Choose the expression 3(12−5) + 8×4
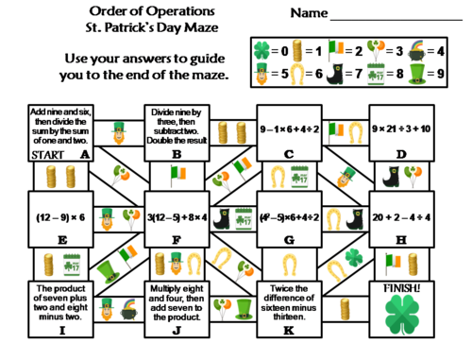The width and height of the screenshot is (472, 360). point(176,216)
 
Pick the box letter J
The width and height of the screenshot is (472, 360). point(177,331)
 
